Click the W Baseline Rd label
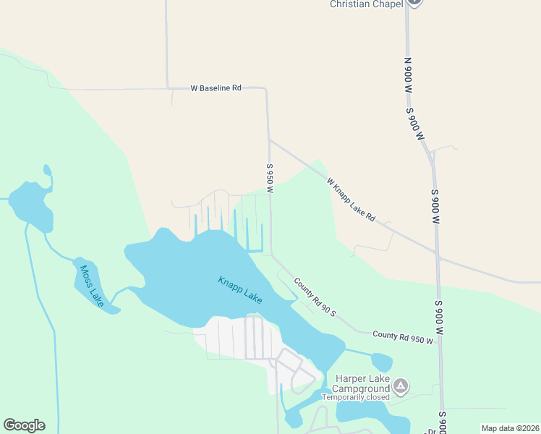[216, 88]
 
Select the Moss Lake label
[90, 285]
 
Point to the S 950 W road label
[269, 178]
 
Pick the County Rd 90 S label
[315, 295]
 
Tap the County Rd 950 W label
[403, 336]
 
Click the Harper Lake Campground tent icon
[403, 385]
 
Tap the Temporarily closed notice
[356, 397]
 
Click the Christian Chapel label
[365, 4]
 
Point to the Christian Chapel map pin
[414, 2]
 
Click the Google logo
[24, 425]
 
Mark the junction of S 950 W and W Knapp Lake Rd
[269, 140]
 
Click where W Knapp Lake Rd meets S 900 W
[438, 255]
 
